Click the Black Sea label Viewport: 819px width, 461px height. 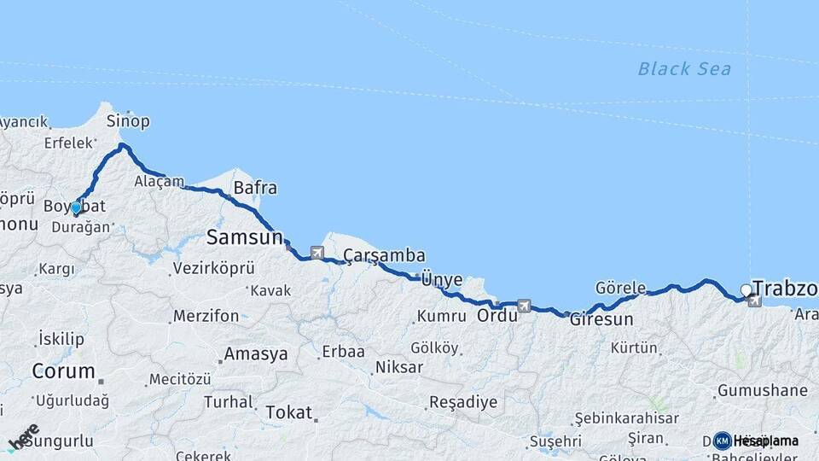684,69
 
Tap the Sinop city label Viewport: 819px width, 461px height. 128,121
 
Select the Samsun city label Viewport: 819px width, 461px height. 244,237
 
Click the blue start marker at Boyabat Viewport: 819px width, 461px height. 76,207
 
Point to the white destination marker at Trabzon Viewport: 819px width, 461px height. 746,290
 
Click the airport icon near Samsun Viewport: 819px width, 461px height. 317,252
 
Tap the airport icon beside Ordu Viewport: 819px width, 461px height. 524,305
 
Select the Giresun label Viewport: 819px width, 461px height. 601,320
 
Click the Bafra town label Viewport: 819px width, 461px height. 254,187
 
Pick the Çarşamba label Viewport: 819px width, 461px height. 384,255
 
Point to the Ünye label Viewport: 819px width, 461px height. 442,279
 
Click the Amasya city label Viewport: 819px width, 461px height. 255,354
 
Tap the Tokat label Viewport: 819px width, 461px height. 288,412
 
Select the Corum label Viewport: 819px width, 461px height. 63,371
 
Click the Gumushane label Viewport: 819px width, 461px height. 763,391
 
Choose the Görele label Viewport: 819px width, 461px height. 620,288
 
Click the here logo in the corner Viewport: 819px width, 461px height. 23,438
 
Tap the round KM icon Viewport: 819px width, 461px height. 722,441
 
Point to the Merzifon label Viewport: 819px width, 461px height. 206,316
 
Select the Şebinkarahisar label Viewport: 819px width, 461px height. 626,418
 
